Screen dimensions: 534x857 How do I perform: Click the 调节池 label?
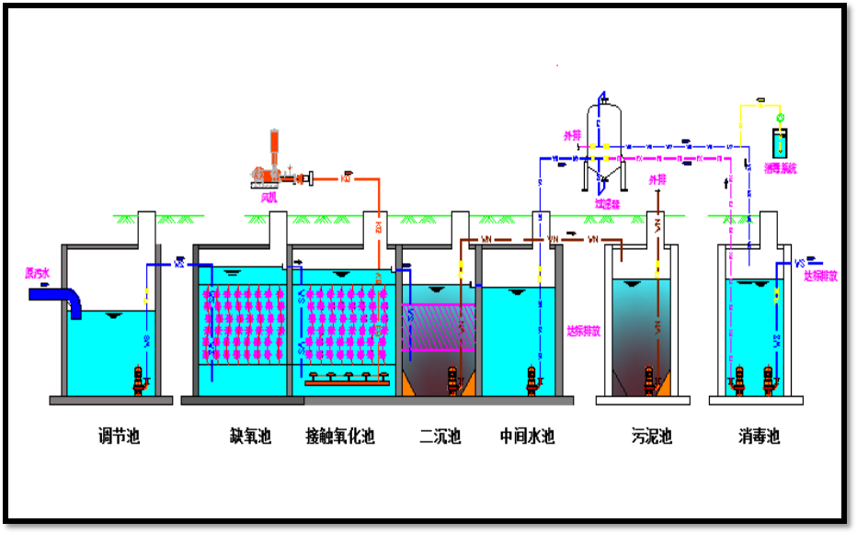click(x=119, y=436)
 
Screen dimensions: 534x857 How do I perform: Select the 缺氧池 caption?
click(x=250, y=436)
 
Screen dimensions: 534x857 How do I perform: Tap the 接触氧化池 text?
click(x=340, y=436)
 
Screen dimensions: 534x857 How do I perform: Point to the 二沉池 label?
click(x=440, y=436)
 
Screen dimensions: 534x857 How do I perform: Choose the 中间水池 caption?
click(x=527, y=436)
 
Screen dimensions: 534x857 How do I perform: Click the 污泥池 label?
click(x=651, y=436)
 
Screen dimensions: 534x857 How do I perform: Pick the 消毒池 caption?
click(x=759, y=436)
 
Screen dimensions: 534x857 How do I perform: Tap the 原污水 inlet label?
click(x=38, y=273)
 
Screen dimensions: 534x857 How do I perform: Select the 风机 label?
click(x=269, y=196)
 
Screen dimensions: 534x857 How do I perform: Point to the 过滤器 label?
click(x=607, y=204)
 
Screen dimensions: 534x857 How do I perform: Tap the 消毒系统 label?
click(x=782, y=168)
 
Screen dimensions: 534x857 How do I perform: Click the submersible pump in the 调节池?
click(x=140, y=380)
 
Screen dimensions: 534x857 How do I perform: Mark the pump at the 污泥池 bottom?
click(x=649, y=380)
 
